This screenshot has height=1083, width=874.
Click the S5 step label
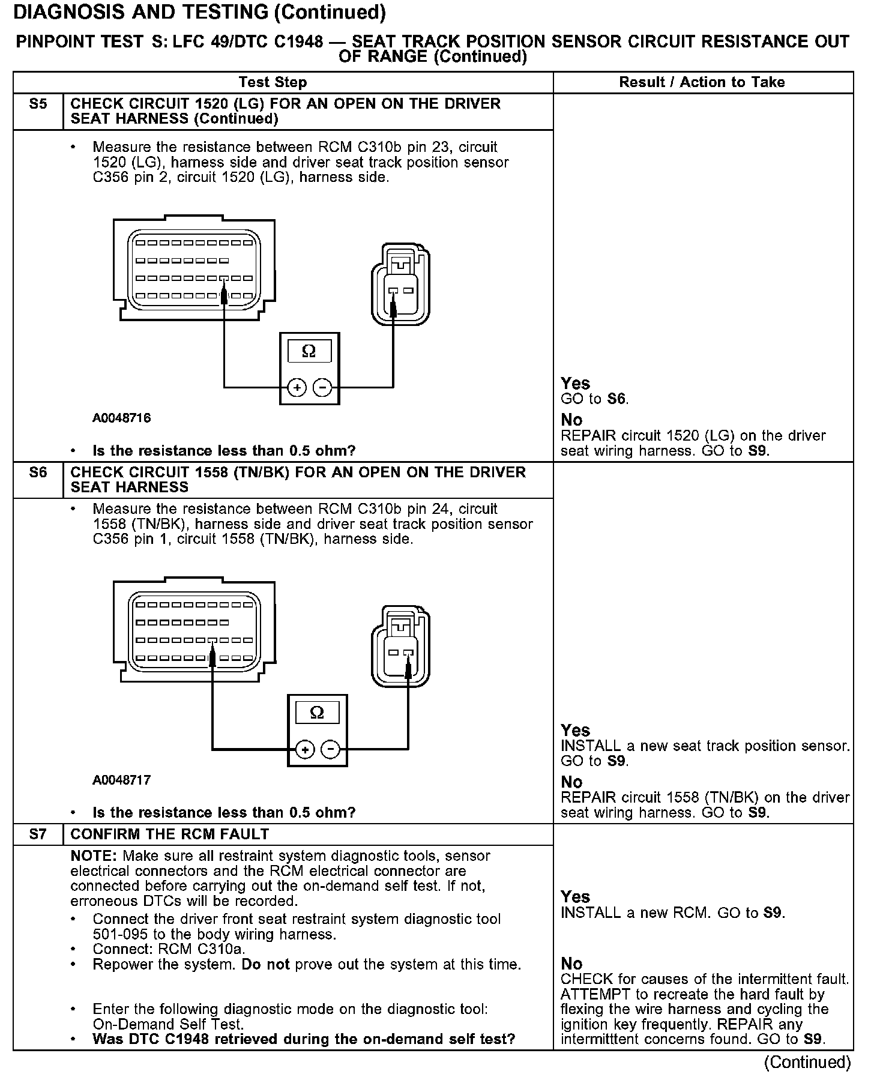[x=38, y=104]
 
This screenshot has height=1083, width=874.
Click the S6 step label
[x=38, y=472]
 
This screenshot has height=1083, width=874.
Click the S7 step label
[x=38, y=834]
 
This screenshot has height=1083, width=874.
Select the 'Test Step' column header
[x=273, y=82]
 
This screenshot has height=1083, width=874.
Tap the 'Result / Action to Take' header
[x=702, y=82]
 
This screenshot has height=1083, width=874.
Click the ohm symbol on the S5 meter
[x=309, y=351]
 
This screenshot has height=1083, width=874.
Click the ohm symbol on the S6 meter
[x=317, y=713]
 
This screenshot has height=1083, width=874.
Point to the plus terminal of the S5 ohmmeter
[x=297, y=388]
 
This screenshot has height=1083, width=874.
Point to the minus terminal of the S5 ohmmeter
[x=323, y=388]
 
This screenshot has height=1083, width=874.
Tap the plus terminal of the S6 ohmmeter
[x=305, y=750]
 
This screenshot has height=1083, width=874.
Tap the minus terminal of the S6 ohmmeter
[x=331, y=750]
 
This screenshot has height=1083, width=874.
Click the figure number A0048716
[x=121, y=418]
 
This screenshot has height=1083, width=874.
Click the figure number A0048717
[x=121, y=780]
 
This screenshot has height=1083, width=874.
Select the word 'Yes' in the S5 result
[x=575, y=383]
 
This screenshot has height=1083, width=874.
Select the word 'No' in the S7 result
[x=571, y=964]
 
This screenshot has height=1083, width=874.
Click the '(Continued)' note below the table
[x=807, y=1062]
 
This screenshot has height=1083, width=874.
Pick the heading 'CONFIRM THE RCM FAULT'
[x=169, y=834]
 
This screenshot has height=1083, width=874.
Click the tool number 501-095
[x=119, y=934]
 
